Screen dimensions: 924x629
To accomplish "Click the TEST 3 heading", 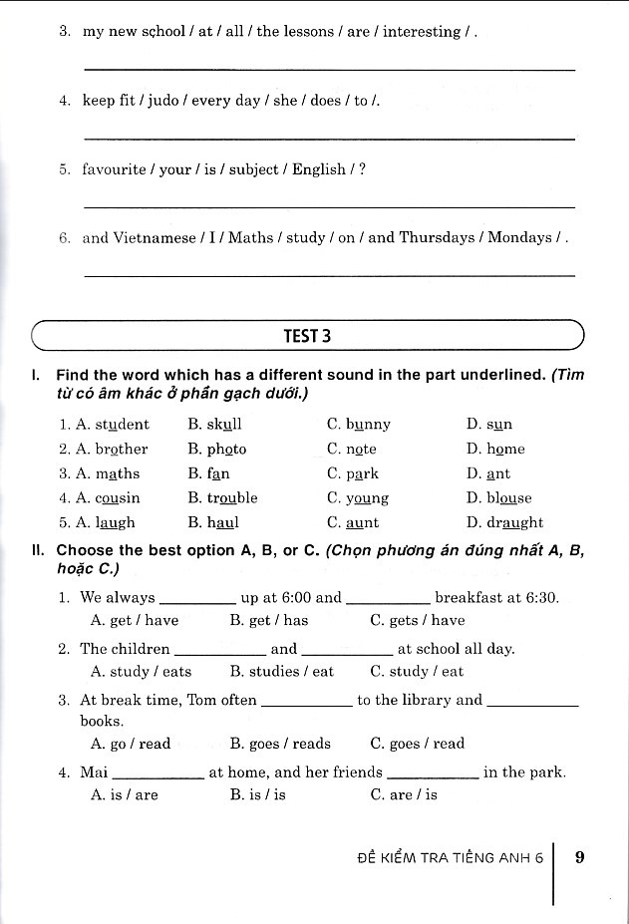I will point(307,336).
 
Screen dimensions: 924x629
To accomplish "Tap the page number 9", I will point(580,855).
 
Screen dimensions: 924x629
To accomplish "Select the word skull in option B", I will point(225,425).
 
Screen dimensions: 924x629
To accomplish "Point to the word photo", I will point(227,450).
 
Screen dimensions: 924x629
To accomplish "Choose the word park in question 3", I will point(363,473).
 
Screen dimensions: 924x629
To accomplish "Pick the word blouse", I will point(509,498).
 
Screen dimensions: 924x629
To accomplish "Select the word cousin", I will point(118,498).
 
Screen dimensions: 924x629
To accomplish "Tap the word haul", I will point(223,522).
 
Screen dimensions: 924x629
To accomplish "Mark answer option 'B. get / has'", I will point(269,620).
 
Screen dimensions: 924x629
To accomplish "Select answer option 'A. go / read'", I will point(131,744).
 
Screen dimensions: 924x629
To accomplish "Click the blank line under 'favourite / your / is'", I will point(329,206).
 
